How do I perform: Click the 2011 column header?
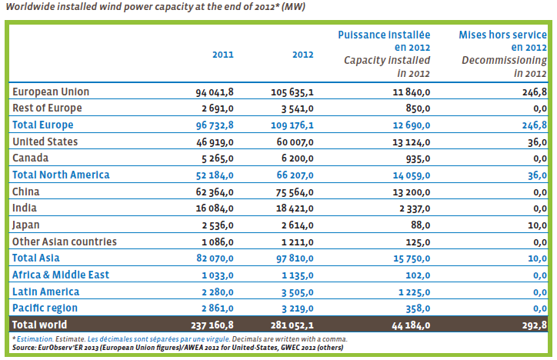pyautogui.click(x=223, y=55)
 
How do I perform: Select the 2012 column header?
pyautogui.click(x=302, y=55)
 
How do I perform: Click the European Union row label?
pyautogui.click(x=51, y=92)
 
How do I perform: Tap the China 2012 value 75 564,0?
pyautogui.click(x=295, y=192)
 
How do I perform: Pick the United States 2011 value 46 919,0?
pyautogui.click(x=215, y=142)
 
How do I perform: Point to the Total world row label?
pyautogui.click(x=39, y=325)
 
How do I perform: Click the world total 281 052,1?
pyautogui.click(x=292, y=325)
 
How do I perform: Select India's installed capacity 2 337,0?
pyautogui.click(x=415, y=208)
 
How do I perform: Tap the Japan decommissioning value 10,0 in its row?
pyautogui.click(x=537, y=225)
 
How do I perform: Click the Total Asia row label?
pyautogui.click(x=36, y=258)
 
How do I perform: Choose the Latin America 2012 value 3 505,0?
pyautogui.click(x=297, y=292)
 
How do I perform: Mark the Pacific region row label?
pyautogui.click(x=45, y=308)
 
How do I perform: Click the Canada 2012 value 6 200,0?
pyautogui.click(x=297, y=158)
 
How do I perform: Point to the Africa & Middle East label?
pyautogui.click(x=61, y=275)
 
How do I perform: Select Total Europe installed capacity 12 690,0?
pyautogui.click(x=412, y=125)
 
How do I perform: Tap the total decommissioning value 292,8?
pyautogui.click(x=534, y=325)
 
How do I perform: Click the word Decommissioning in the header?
pyautogui.click(x=504, y=60)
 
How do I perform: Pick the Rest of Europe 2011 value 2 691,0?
pyautogui.click(x=218, y=108)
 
